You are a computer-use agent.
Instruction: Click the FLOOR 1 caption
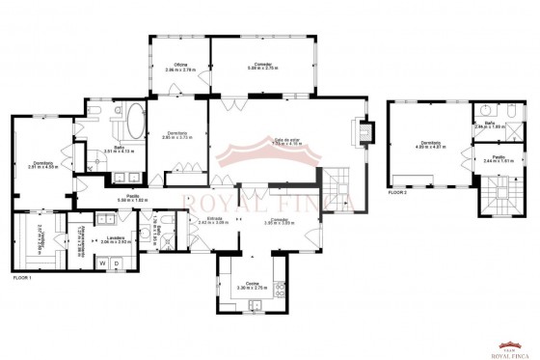coord(22,278)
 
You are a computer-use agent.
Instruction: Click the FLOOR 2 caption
coord(397,192)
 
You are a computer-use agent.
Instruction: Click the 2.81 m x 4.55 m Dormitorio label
coord(42,164)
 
